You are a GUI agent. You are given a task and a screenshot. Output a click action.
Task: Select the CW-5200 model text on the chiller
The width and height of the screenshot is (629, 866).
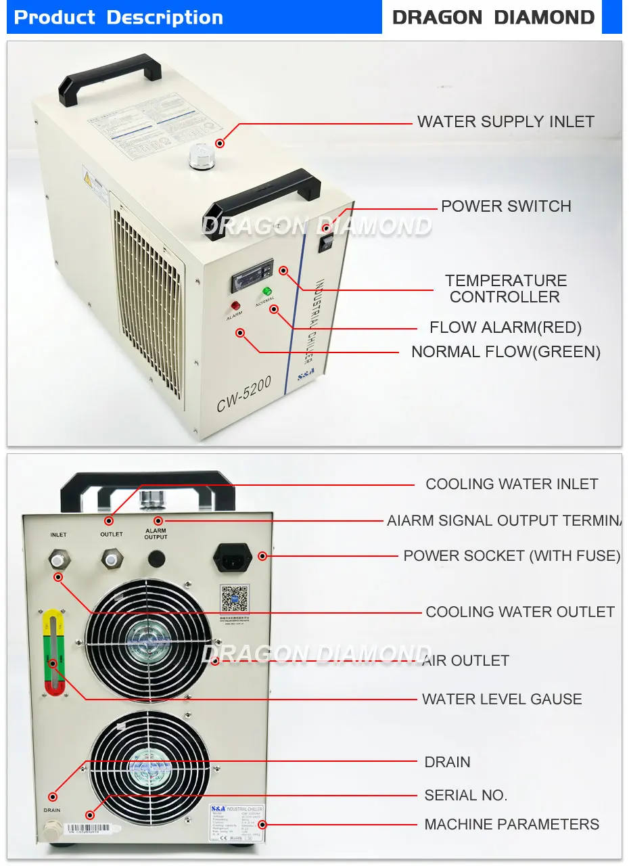(243, 394)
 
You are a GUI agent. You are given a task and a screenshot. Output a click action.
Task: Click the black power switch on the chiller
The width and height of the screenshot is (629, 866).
(327, 240)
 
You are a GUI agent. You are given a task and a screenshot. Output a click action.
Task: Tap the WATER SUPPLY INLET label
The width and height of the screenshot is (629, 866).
(505, 122)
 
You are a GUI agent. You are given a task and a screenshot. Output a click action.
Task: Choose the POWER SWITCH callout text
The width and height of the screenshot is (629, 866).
(506, 206)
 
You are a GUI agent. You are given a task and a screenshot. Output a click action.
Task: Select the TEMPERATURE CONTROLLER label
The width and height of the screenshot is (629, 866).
(505, 289)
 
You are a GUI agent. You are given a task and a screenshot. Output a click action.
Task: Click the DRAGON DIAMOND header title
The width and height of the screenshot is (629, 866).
(493, 18)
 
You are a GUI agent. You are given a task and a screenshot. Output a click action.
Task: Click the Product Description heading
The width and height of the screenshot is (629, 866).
(118, 18)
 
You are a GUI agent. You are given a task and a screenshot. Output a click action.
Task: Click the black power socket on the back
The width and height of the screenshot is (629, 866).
(233, 558)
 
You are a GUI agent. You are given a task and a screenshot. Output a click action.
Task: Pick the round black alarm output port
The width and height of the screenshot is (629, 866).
(156, 557)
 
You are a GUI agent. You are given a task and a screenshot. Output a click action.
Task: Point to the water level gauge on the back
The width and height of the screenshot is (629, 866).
(51, 653)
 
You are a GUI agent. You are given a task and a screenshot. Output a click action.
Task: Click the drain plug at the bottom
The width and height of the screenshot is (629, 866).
(52, 829)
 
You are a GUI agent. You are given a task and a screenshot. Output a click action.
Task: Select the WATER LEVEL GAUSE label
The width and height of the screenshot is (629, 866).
(502, 700)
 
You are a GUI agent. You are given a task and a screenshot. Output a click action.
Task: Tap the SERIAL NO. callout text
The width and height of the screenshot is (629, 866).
(465, 796)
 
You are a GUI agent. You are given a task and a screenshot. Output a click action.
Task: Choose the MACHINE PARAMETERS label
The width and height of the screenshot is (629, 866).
(511, 825)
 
